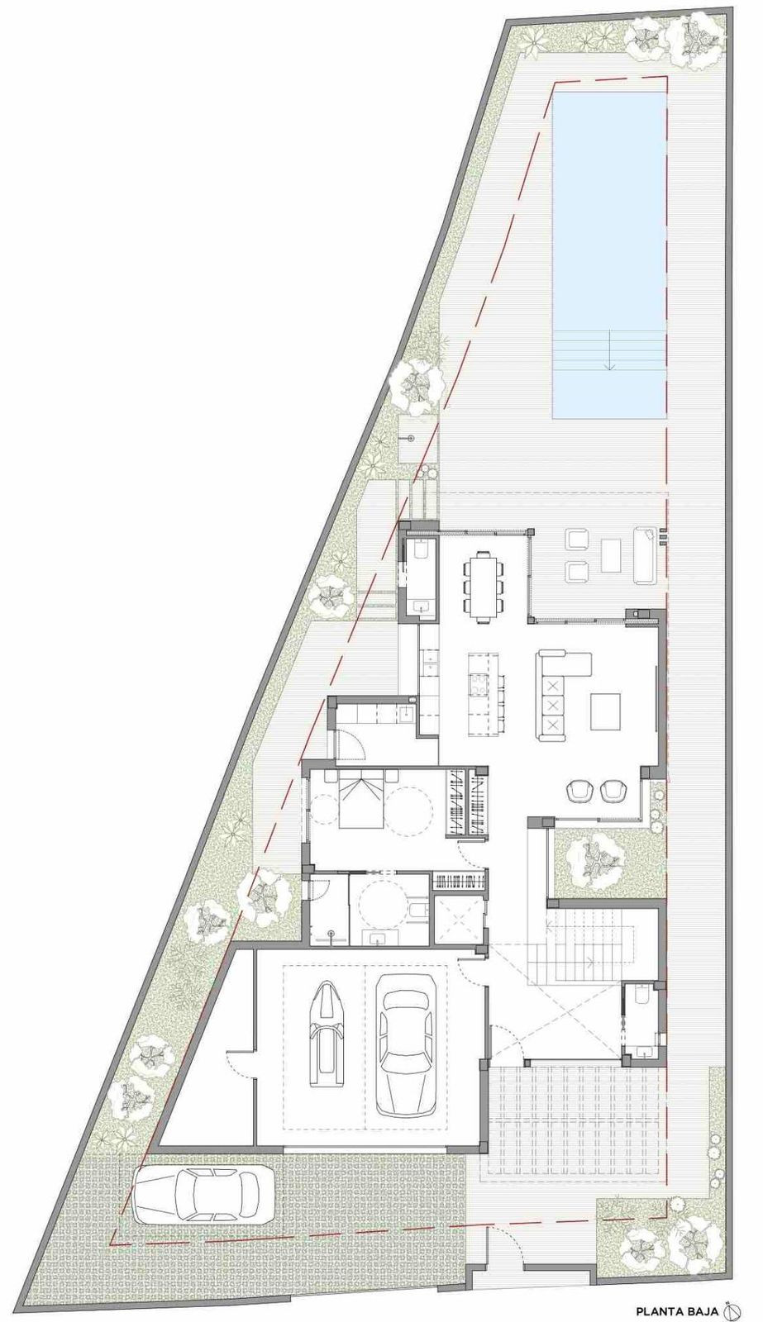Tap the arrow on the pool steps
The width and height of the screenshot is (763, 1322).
point(610,350)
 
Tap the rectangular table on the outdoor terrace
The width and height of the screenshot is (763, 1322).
point(611,555)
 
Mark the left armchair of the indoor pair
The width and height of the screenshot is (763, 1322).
point(579,790)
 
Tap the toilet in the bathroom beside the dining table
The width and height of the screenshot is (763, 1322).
point(421,550)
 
